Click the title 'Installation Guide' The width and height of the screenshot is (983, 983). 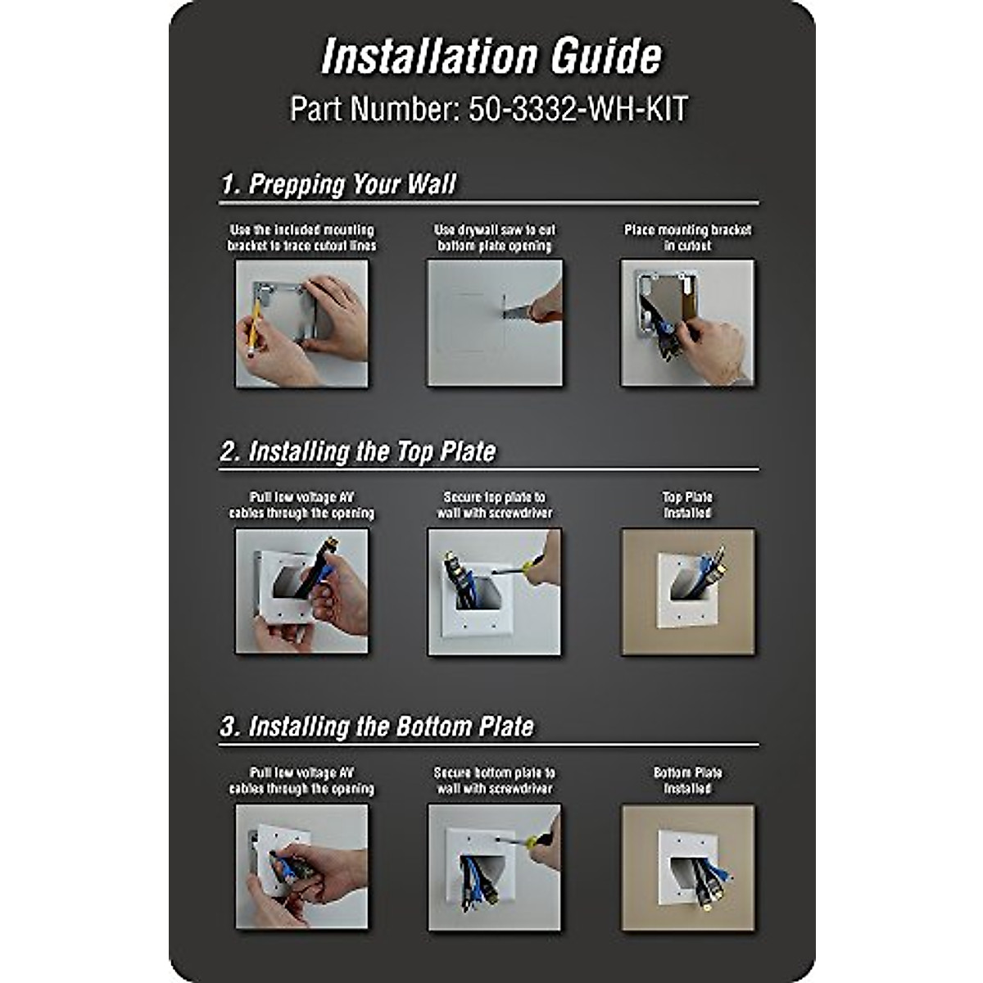click(491, 57)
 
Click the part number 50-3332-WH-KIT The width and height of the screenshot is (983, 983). click(489, 109)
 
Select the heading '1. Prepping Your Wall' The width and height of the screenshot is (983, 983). click(338, 183)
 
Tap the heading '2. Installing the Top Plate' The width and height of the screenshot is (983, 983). click(358, 451)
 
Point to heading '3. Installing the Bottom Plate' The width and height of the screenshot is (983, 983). click(377, 727)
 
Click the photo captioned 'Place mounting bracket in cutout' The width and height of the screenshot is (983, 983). click(687, 323)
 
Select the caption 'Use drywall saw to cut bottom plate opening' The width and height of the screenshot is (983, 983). click(495, 238)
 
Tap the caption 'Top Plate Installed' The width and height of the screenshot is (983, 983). click(687, 505)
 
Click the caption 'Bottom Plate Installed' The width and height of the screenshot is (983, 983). click(687, 780)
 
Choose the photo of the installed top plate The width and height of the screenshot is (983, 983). click(687, 591)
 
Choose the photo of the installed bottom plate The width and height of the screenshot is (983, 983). click(687, 867)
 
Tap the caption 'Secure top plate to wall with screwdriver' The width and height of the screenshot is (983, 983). click(495, 505)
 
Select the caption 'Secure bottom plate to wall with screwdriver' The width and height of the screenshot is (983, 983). click(495, 780)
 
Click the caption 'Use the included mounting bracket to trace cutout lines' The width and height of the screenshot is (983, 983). click(301, 238)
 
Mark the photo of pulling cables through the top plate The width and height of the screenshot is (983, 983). click(301, 591)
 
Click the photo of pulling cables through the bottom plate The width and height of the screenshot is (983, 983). click(301, 867)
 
